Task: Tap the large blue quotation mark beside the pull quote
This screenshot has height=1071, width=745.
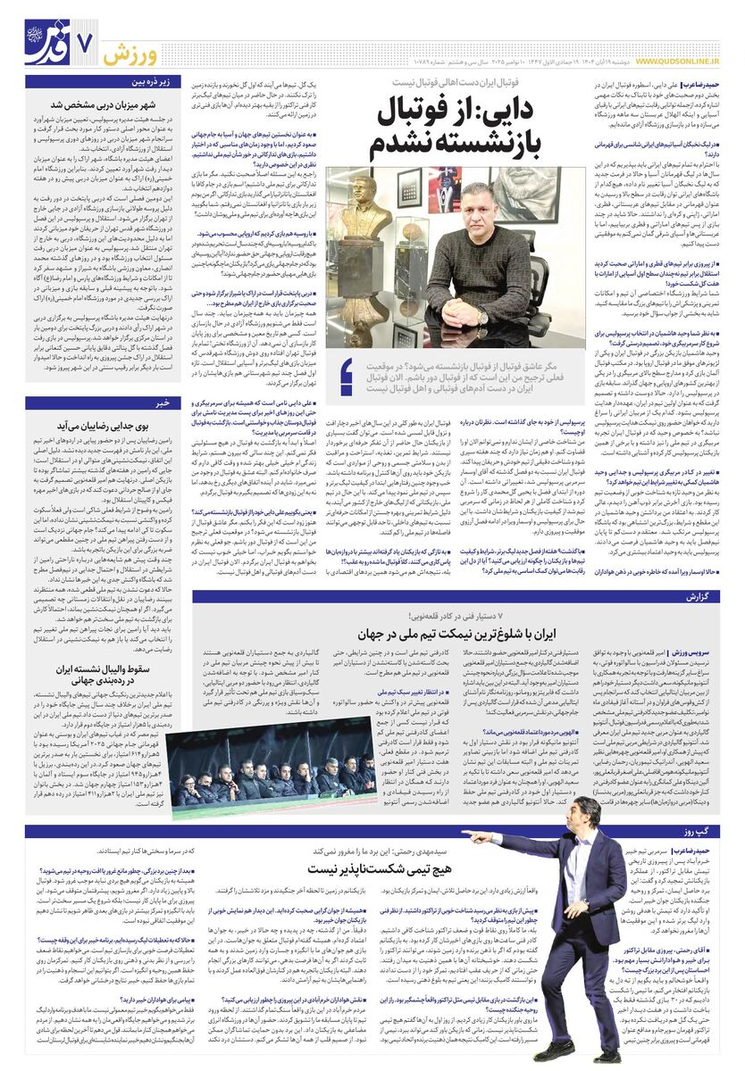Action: (346, 375)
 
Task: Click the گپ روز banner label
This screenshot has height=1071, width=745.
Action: (699, 832)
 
